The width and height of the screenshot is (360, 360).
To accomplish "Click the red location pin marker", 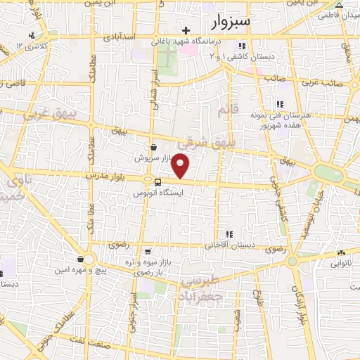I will [x=181, y=166].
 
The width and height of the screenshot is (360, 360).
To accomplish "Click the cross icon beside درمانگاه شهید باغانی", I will [x=186, y=30].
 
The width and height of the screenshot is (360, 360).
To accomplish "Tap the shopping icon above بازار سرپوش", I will [x=153, y=147].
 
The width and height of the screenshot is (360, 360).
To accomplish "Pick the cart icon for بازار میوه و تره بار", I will [x=147, y=251].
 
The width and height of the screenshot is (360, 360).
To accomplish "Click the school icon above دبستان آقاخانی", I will [x=228, y=235].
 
